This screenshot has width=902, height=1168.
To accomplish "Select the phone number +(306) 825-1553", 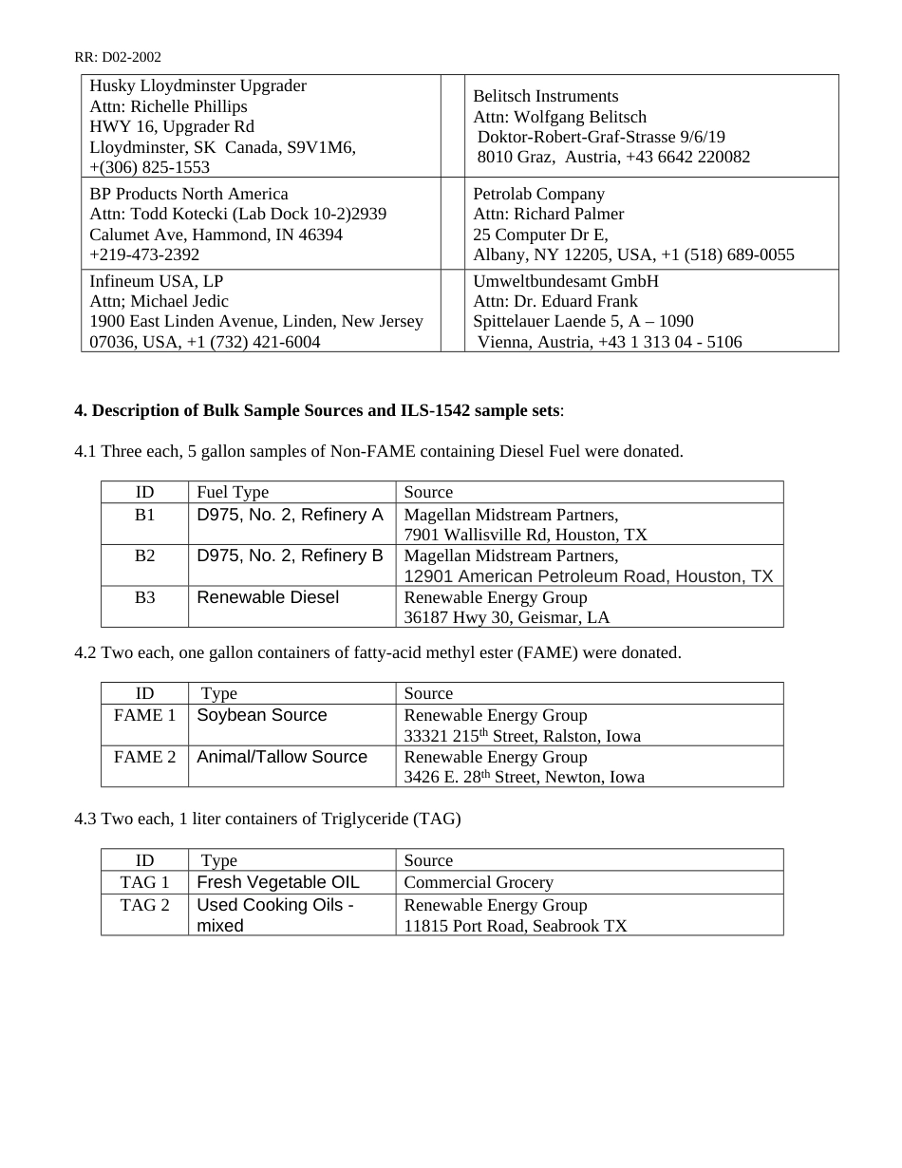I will (149, 167).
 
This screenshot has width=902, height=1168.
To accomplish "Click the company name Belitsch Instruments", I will (545, 96).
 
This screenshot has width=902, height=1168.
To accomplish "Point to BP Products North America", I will (188, 194).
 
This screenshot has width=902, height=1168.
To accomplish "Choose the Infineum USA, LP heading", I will (157, 281).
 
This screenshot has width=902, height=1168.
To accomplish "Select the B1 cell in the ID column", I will (144, 515).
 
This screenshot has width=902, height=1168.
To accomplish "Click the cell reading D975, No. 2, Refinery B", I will (290, 556).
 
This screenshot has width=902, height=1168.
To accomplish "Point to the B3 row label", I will (144, 597).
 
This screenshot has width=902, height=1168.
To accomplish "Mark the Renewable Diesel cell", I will (268, 597).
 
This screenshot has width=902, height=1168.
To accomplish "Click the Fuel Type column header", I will (233, 492).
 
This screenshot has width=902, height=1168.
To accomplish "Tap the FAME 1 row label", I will (144, 715).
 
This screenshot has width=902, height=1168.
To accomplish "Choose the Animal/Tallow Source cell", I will (282, 757).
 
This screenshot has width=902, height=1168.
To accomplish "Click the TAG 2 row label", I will (144, 905).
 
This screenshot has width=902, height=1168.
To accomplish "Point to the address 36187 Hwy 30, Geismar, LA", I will (507, 617).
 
